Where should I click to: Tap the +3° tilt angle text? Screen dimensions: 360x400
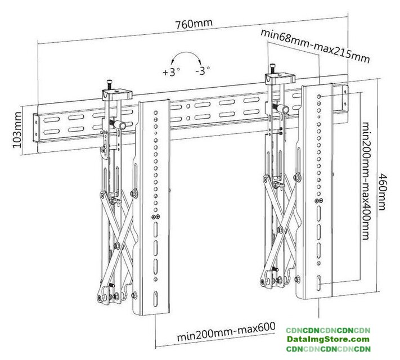pyautogui.click(x=170, y=72)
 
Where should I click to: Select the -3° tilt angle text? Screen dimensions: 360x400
pyautogui.click(x=203, y=71)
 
